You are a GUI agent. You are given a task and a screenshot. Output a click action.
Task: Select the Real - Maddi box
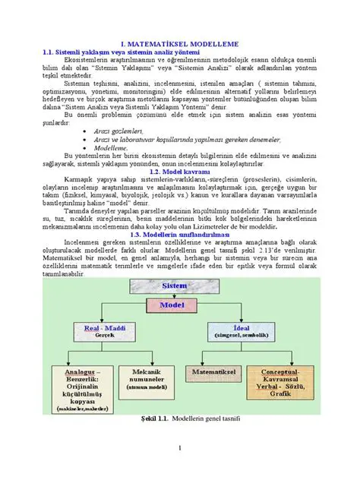[104, 330]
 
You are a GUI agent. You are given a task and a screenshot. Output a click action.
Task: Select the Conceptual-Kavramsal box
[280, 383]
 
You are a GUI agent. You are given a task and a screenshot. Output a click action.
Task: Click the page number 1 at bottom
[180, 447]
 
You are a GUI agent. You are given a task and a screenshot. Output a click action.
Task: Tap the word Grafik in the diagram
[280, 393]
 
